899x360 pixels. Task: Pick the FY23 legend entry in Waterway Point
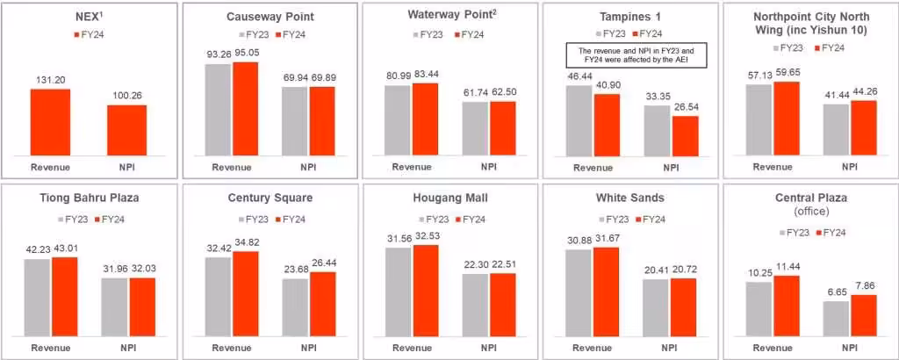tap(428, 35)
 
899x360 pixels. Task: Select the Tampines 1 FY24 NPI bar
tap(685, 135)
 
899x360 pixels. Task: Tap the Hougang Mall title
tap(449, 198)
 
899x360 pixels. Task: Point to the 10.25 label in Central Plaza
tap(758, 274)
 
